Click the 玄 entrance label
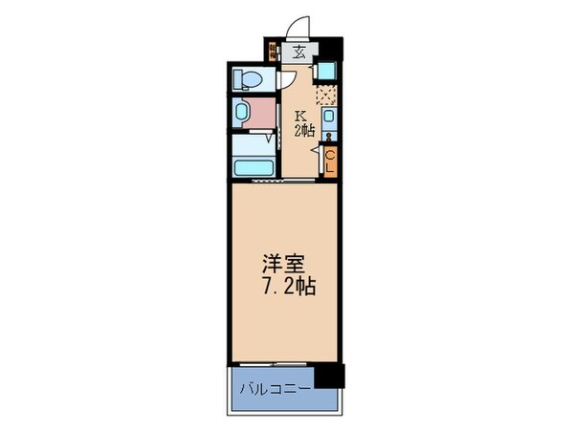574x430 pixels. coord(298,54)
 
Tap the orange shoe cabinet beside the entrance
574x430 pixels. coord(273,54)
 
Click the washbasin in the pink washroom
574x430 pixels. coord(244,112)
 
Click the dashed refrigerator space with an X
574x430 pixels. coord(328,95)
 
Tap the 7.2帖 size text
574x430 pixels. coord(287,285)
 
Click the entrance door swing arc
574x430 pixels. coord(304,28)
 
